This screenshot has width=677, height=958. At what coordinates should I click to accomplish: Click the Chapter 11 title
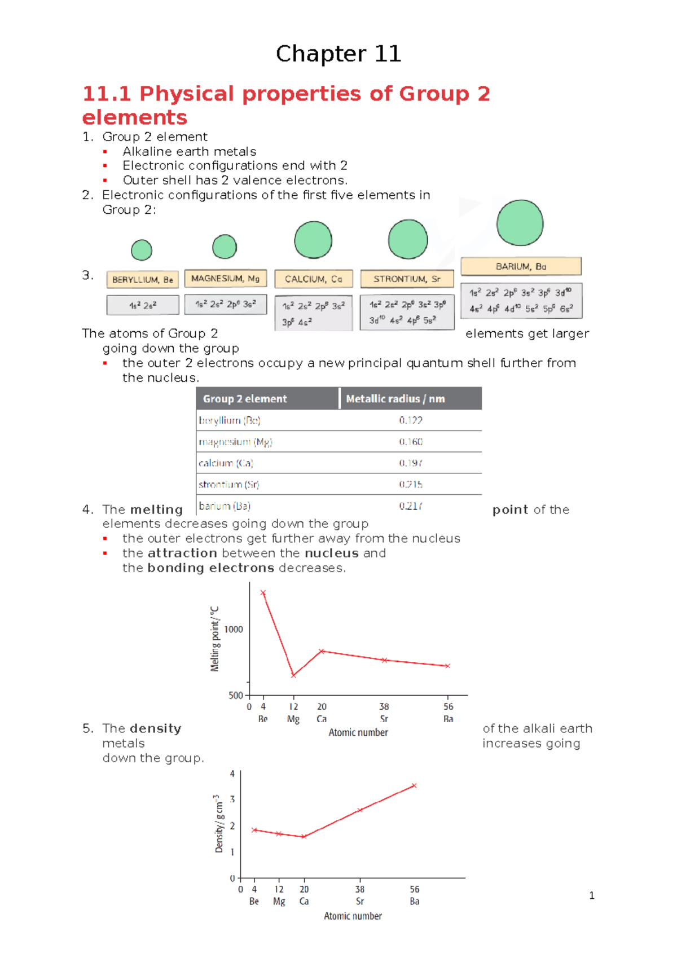(338, 54)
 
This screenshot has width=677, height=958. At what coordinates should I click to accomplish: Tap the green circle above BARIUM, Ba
(520, 223)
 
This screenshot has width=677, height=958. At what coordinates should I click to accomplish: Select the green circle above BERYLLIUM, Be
(142, 250)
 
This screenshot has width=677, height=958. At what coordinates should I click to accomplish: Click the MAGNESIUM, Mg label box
(225, 279)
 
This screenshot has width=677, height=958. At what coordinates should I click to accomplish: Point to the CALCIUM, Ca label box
(314, 279)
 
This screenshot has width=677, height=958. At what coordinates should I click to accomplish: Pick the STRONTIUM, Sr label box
(407, 279)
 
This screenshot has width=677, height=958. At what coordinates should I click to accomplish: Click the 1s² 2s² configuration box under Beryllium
(143, 305)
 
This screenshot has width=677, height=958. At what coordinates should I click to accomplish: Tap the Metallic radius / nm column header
(395, 399)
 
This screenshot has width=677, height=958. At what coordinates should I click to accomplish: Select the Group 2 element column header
(245, 399)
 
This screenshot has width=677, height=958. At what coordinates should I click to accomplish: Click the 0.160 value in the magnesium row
(411, 442)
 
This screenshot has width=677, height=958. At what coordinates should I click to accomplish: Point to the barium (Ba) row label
(225, 506)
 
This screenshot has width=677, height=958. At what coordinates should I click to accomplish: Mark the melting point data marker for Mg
(293, 675)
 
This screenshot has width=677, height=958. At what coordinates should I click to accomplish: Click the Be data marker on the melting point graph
(263, 593)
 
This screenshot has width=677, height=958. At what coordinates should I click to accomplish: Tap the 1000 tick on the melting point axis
(234, 630)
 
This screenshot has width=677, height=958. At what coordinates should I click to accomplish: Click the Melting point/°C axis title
(214, 639)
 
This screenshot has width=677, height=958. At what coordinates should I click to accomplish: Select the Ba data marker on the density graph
(414, 785)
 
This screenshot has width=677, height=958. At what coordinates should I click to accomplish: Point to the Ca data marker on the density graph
(304, 837)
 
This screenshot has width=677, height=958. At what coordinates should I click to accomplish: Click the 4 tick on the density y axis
(232, 774)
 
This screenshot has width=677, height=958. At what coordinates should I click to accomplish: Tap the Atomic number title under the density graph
(353, 916)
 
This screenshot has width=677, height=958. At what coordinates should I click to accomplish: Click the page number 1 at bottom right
(591, 895)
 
